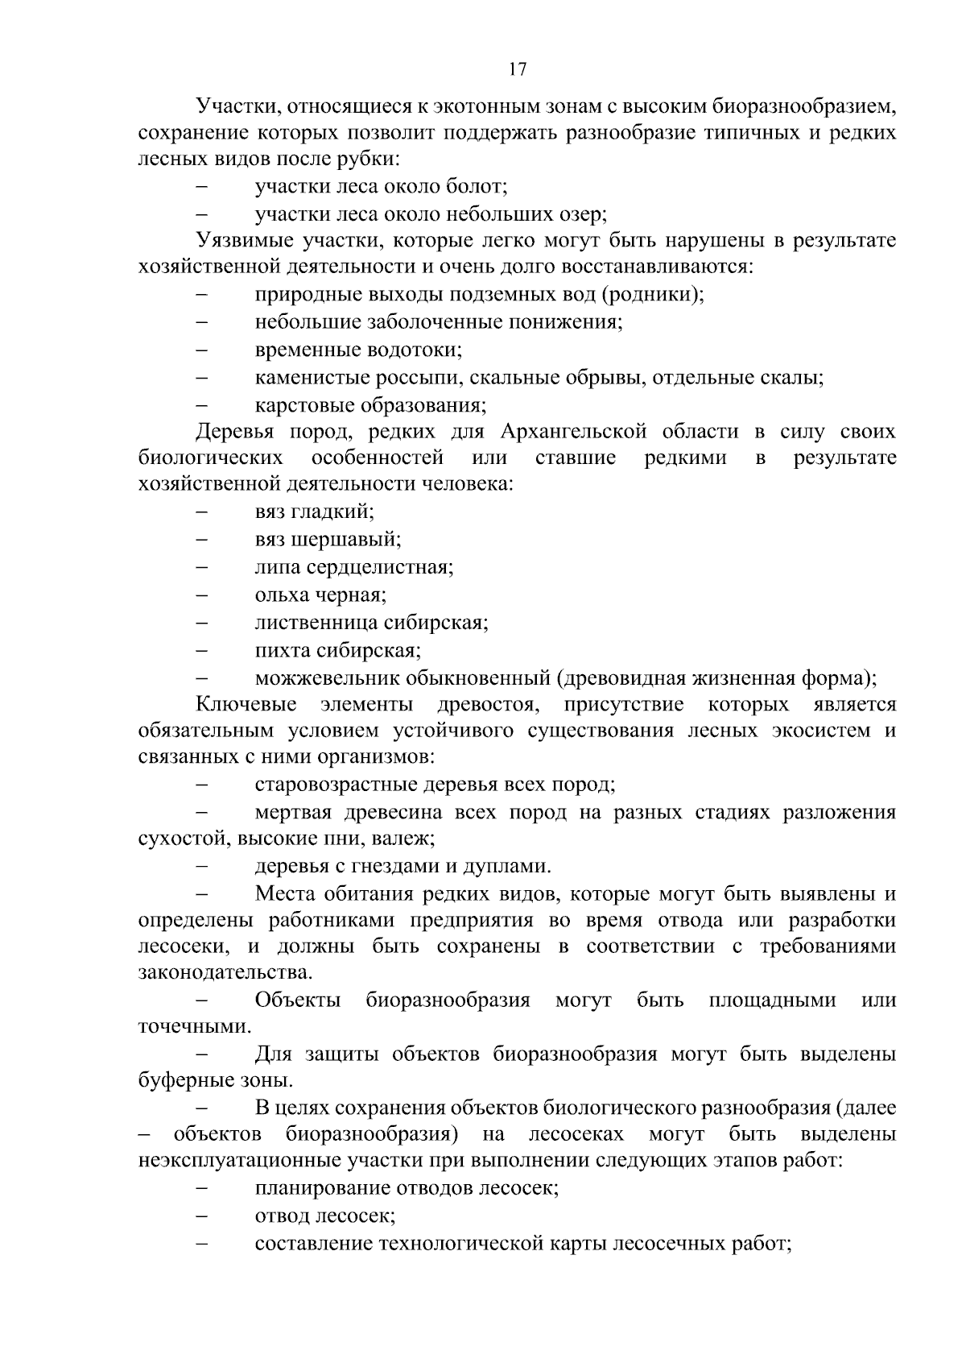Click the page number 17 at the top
point(518,69)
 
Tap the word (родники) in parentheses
point(652,294)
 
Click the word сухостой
point(185,839)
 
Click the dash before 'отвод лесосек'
point(203,1216)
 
